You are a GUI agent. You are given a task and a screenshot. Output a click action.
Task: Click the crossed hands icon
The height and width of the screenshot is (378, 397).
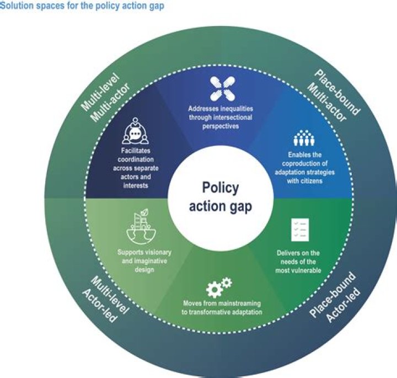pos(223,89)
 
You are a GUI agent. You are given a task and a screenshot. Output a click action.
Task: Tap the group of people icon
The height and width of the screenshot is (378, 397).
pos(304,138)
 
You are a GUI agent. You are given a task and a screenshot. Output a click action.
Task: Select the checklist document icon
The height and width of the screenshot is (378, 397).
pos(300,230)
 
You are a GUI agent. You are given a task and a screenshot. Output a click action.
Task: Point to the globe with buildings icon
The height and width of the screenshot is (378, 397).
pos(141,226)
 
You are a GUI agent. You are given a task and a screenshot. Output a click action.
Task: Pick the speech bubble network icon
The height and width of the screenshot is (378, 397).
pos(136,131)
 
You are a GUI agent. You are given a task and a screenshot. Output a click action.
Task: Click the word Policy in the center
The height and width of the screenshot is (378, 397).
pos(220,188)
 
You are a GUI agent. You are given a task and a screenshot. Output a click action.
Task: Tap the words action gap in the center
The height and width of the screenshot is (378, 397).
pos(221,206)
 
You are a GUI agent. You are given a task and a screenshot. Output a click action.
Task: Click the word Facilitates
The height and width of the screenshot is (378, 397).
pos(136,151)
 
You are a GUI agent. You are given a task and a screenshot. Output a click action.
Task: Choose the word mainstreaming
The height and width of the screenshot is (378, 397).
pos(239,304)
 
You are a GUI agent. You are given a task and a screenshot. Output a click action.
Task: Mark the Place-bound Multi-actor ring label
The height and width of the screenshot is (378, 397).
pos(333,96)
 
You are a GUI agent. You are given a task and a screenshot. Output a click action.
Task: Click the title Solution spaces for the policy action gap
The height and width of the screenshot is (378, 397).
pos(82,6)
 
